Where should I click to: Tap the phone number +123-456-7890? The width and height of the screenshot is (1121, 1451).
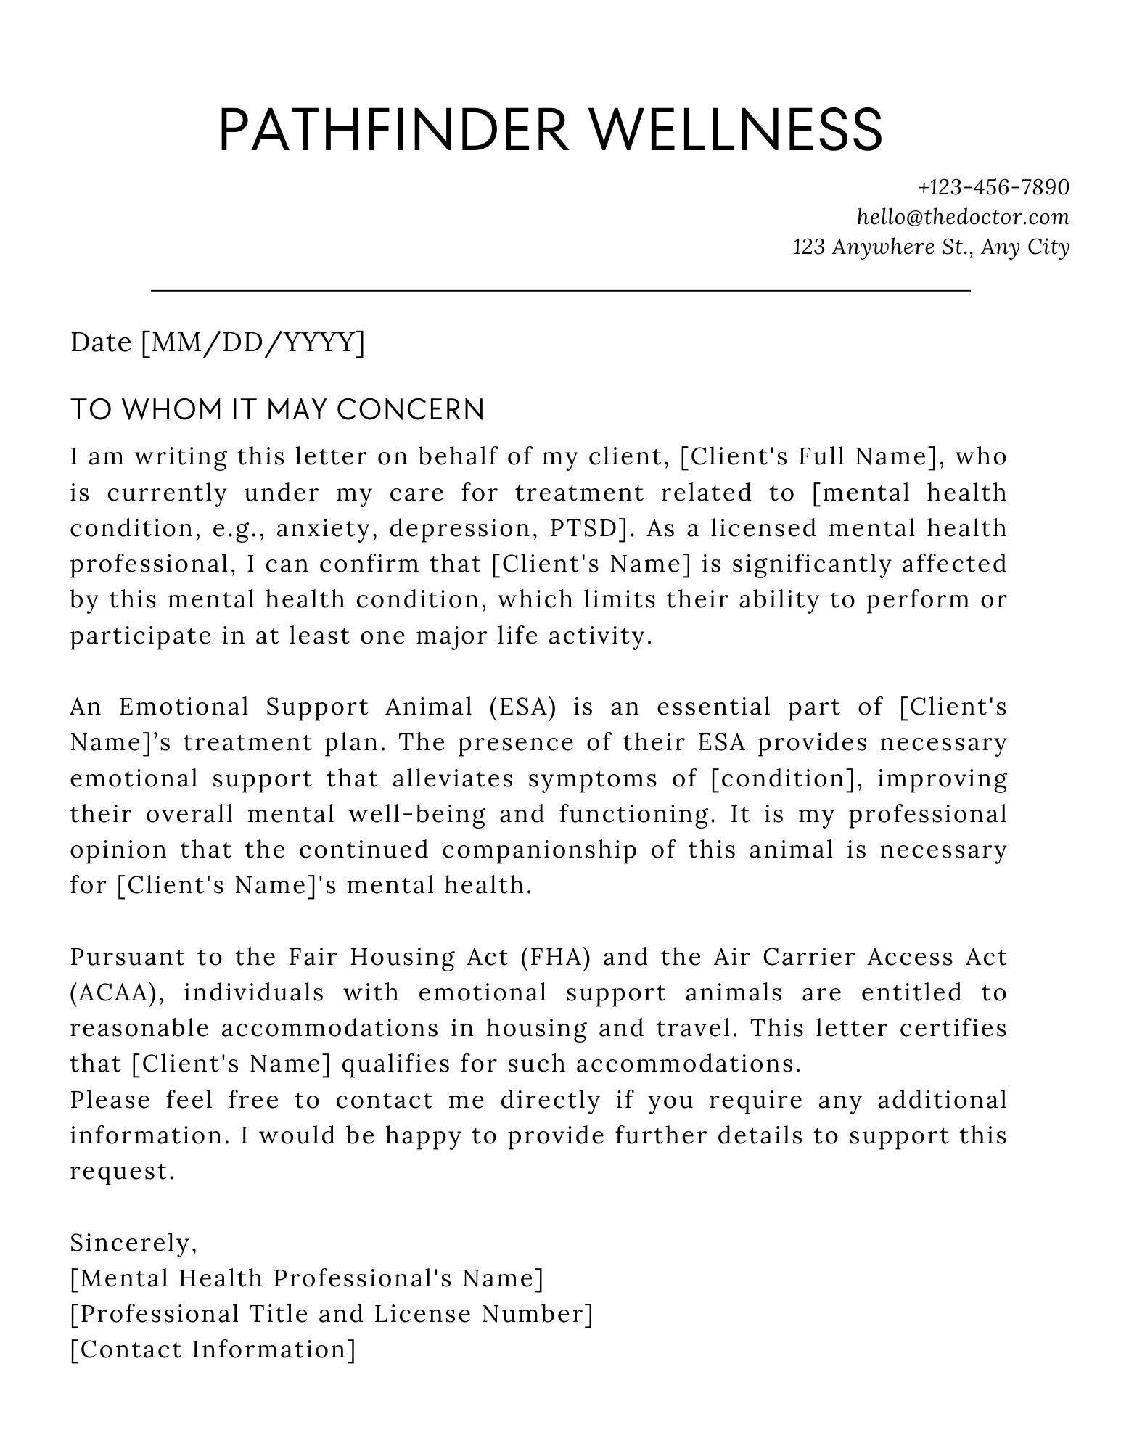[993, 187]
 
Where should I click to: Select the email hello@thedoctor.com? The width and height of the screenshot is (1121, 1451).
[963, 217]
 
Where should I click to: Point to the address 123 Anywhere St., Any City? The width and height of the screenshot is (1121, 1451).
[931, 247]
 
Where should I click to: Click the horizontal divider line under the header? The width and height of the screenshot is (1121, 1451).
[560, 291]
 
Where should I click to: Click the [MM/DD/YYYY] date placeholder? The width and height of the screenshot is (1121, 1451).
[252, 342]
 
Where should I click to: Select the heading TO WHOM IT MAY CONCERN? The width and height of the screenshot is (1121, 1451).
[277, 410]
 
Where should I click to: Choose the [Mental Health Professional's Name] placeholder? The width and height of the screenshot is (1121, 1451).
[306, 1278]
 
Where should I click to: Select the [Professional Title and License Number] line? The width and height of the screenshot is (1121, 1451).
[332, 1314]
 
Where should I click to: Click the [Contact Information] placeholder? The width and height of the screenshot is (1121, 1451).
[213, 1349]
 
